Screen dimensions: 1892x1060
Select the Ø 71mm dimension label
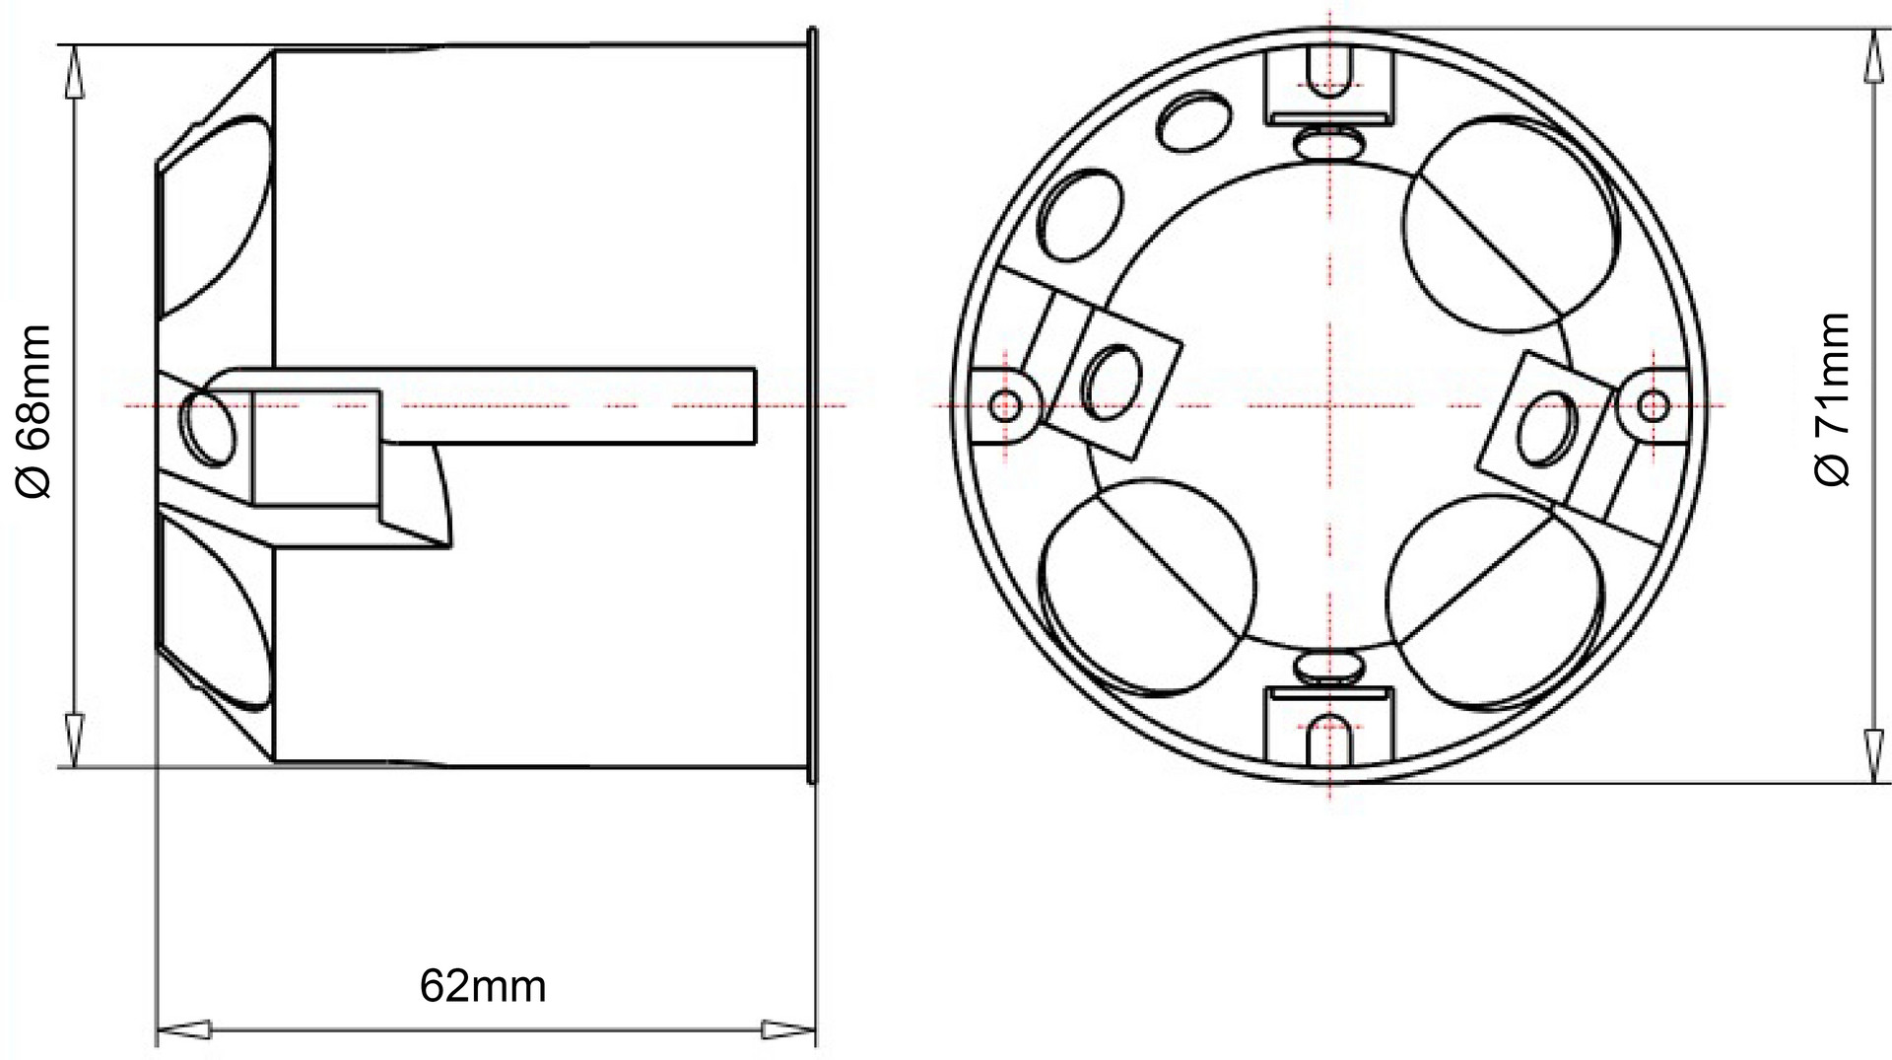[1832, 399]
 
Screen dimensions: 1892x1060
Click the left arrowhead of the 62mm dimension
[184, 1030]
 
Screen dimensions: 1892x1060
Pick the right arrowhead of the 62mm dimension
[789, 1030]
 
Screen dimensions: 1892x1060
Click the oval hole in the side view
[210, 425]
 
